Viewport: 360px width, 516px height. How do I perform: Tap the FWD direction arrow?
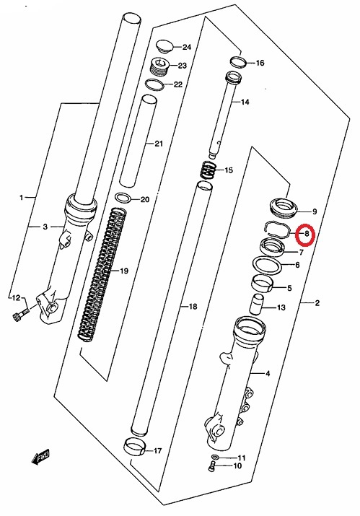tap(40, 456)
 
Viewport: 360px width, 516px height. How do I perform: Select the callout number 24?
tap(187, 48)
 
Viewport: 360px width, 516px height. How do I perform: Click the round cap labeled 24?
tap(164, 46)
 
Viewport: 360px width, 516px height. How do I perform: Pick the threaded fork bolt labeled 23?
tap(159, 66)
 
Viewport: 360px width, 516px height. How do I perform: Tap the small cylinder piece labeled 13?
tap(257, 304)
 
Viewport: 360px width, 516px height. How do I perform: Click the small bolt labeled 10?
tap(212, 467)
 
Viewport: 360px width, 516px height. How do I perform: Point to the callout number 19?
tap(124, 271)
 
